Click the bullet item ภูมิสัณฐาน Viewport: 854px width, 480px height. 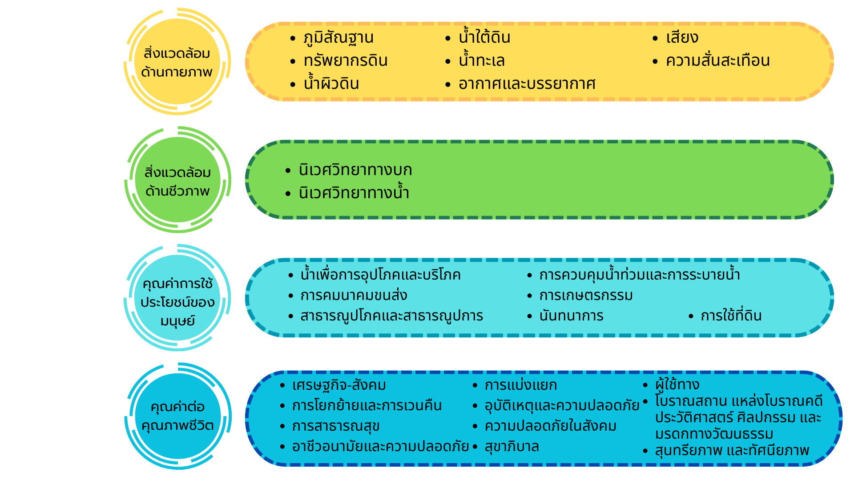pyautogui.click(x=338, y=38)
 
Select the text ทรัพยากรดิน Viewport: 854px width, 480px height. pyautogui.click(x=346, y=61)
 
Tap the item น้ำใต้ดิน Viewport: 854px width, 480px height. pyautogui.click(x=484, y=36)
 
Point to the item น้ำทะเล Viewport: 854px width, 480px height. pyautogui.click(x=482, y=60)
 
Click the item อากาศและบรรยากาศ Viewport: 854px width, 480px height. pyautogui.click(x=527, y=84)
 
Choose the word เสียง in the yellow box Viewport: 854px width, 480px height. pyautogui.click(x=682, y=37)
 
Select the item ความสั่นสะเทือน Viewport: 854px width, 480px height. pyautogui.click(x=718, y=60)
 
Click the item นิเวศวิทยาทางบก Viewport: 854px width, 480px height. pyautogui.click(x=355, y=170)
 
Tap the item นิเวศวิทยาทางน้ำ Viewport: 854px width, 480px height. pyautogui.click(x=354, y=192)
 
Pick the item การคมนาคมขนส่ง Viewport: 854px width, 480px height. pyautogui.click(x=354, y=295)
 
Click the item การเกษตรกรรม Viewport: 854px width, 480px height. pyautogui.click(x=586, y=295)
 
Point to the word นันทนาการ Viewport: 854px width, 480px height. pyautogui.click(x=571, y=316)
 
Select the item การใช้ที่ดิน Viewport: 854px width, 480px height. pyautogui.click(x=731, y=315)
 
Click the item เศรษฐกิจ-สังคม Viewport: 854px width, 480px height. pyautogui.click(x=339, y=385)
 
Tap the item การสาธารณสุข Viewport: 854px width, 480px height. pyautogui.click(x=336, y=426)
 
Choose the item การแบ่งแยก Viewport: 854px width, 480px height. pyautogui.click(x=521, y=385)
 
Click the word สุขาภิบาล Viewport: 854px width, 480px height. pyautogui.click(x=512, y=446)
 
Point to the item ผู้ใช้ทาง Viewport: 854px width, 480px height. pyautogui.click(x=677, y=384)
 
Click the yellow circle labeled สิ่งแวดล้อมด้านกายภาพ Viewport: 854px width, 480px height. pyautogui.click(x=177, y=62)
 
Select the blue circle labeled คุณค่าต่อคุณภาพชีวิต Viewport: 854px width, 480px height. pyautogui.click(x=178, y=416)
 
